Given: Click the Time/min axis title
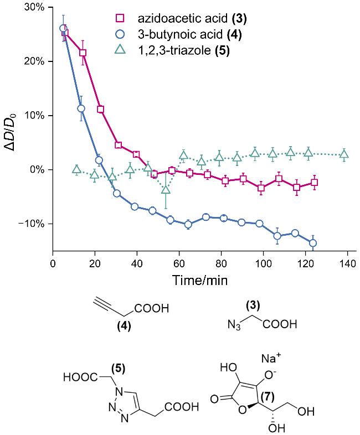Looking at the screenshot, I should (x=199, y=280).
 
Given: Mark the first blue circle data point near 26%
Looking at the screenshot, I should (x=63, y=28).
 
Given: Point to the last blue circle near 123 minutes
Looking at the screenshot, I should (x=313, y=243).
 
